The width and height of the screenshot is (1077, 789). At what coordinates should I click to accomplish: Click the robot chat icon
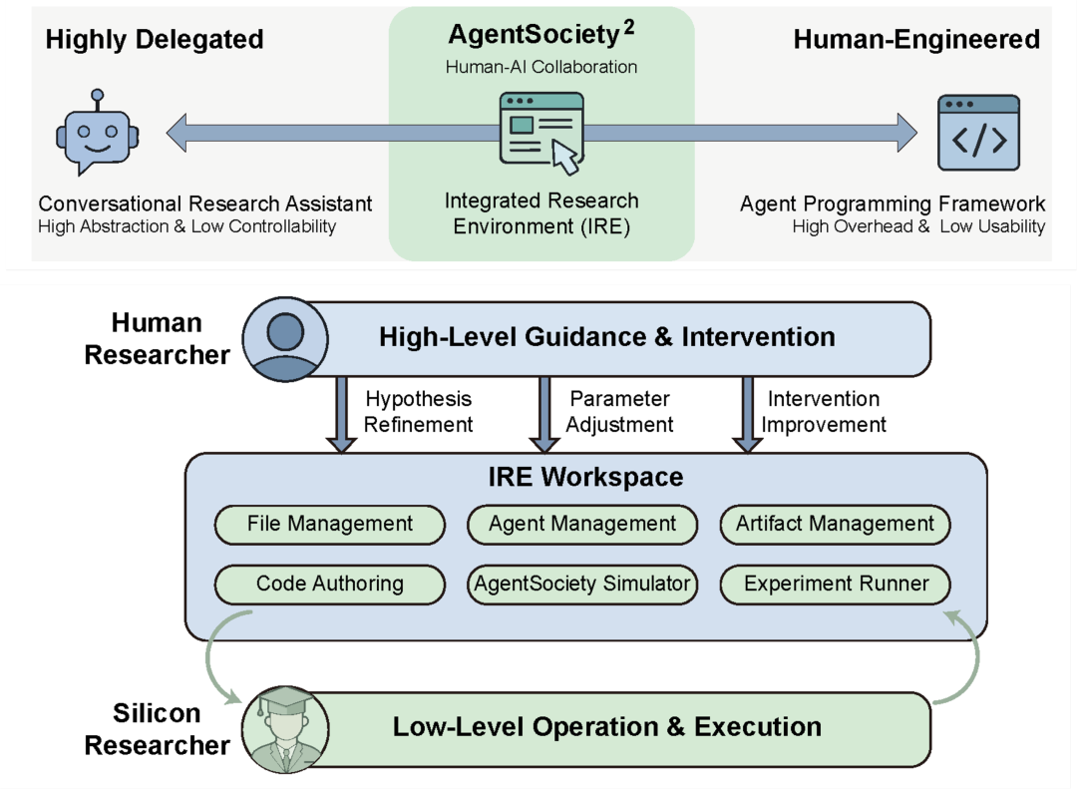[98, 132]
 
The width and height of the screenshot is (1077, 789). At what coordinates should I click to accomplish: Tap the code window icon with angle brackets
[979, 133]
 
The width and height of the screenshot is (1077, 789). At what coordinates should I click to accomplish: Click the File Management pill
[330, 525]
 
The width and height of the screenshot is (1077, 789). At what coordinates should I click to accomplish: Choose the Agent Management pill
[582, 525]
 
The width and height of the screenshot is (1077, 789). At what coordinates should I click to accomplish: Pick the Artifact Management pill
[836, 525]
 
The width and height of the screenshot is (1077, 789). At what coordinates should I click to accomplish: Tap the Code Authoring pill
[330, 585]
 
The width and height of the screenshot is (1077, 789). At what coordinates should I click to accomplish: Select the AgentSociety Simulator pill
[582, 585]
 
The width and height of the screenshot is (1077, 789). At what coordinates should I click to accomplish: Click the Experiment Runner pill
[836, 585]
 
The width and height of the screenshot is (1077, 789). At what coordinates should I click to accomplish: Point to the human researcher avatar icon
[285, 339]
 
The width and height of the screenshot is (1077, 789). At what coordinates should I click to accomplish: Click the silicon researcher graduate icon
[285, 728]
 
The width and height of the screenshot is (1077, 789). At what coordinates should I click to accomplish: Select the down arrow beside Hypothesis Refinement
[341, 414]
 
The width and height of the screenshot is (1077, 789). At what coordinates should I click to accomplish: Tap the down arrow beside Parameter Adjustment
[544, 414]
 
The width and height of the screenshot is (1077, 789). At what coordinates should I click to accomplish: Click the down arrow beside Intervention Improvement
[748, 414]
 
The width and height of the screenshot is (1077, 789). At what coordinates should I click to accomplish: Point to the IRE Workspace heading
[586, 477]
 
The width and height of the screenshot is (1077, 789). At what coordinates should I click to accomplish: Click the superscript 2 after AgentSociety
[628, 28]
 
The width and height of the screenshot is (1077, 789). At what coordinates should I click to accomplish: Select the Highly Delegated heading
[155, 40]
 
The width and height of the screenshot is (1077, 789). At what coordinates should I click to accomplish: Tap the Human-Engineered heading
[917, 40]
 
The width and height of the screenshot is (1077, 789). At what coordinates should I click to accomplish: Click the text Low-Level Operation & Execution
[607, 727]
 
